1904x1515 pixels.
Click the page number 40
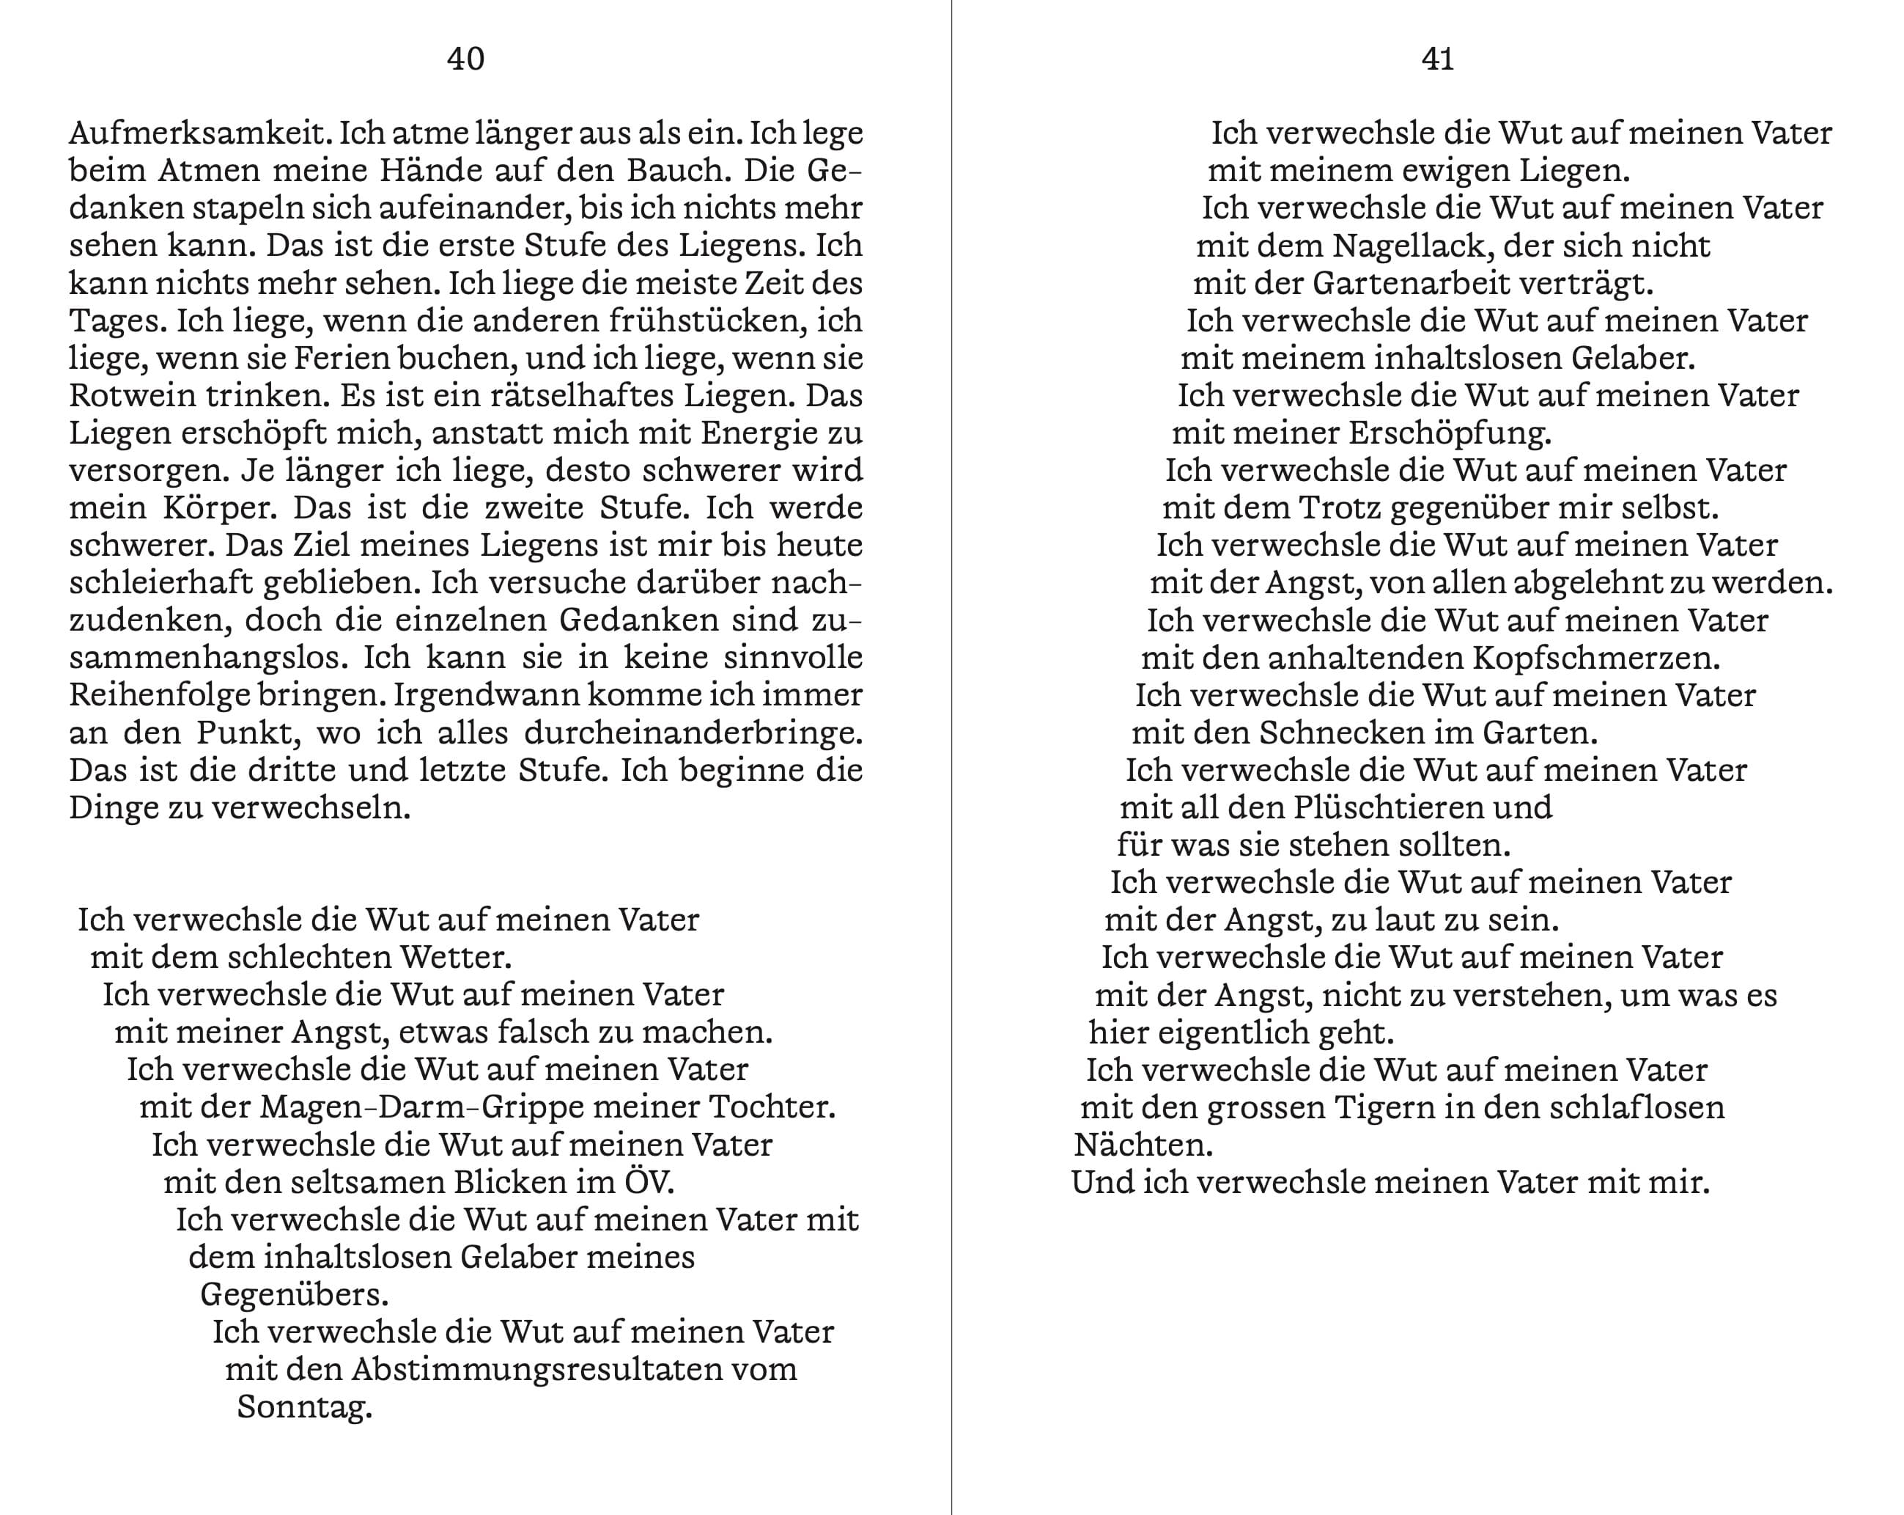(465, 59)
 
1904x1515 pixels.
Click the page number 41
(1438, 59)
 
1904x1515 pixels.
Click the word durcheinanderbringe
(693, 733)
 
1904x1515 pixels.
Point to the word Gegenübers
(294, 1295)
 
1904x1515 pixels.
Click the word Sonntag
(304, 1407)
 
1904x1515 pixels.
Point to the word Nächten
(1143, 1145)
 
